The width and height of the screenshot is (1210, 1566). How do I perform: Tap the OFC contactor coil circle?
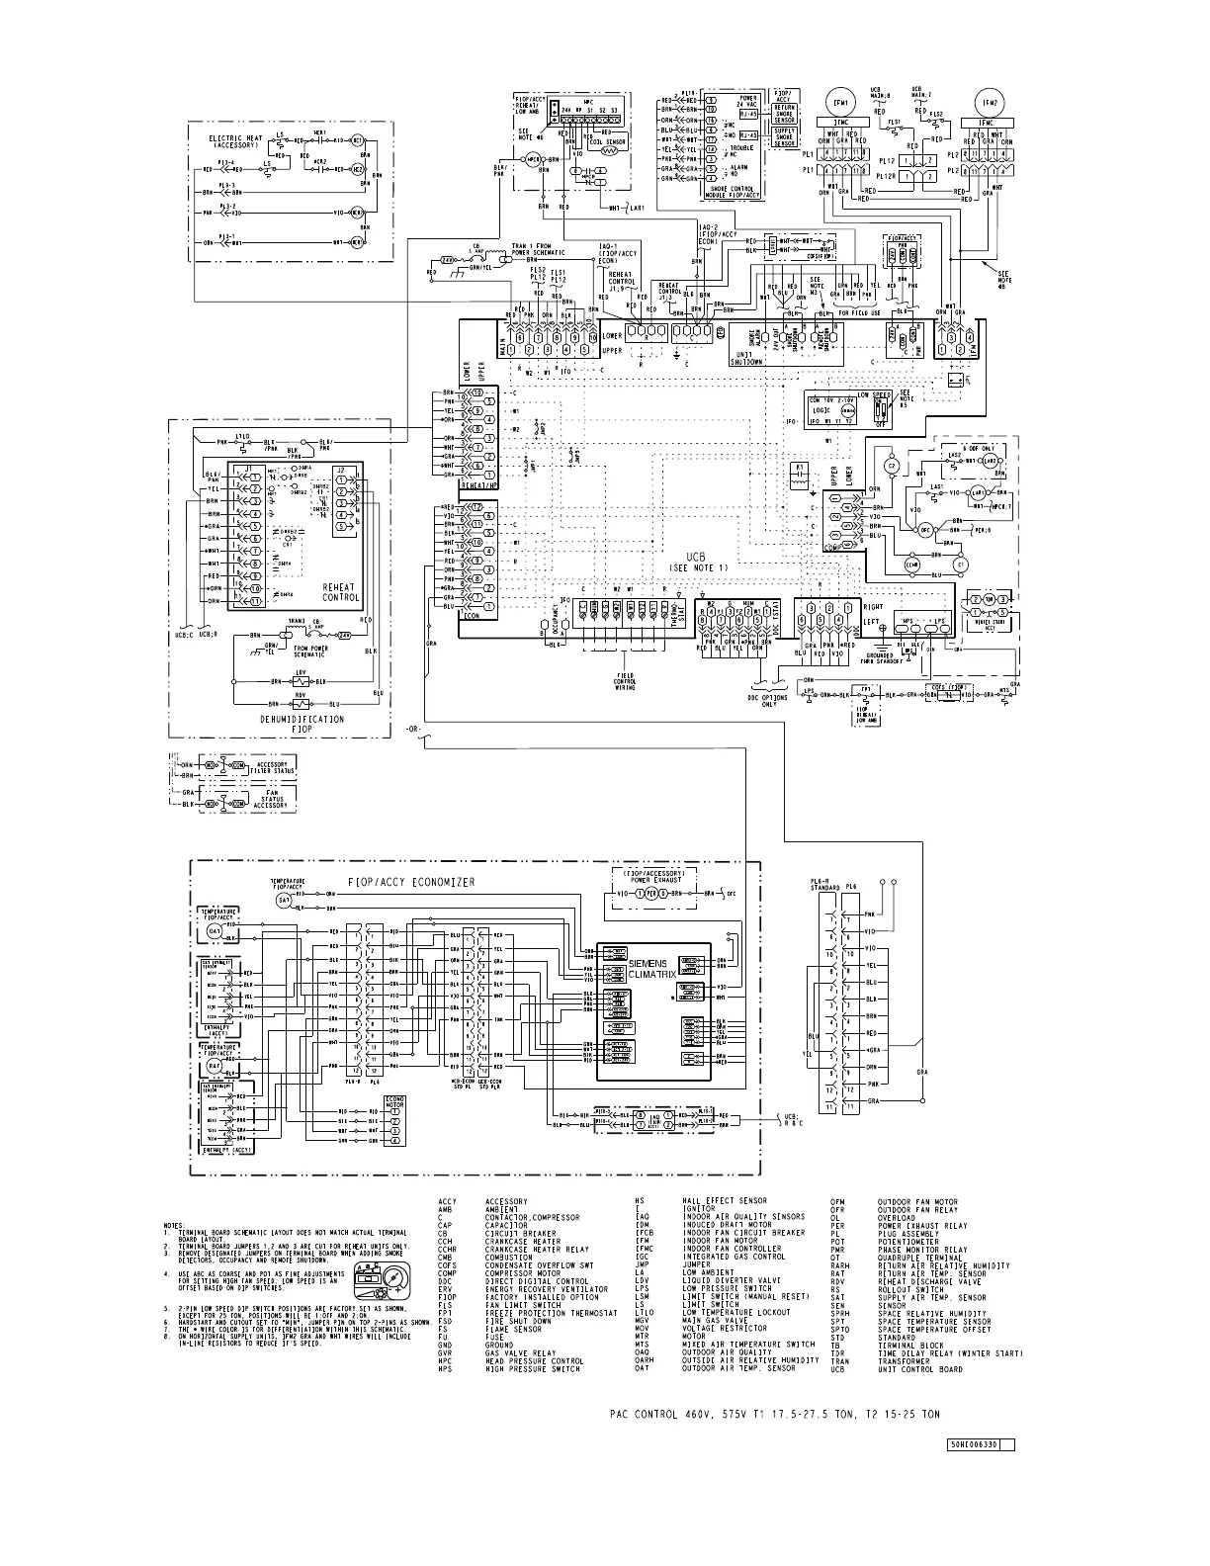(x=926, y=529)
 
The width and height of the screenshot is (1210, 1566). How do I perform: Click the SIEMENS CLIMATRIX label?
(x=648, y=968)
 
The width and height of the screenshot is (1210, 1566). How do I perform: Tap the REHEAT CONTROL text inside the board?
(x=341, y=592)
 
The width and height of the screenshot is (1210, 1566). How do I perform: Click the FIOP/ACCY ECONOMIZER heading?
(x=411, y=882)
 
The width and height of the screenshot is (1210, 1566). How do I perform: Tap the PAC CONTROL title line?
(x=774, y=1415)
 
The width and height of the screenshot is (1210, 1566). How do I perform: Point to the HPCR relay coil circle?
(x=536, y=159)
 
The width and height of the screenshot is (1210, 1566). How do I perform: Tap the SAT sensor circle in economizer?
(x=284, y=901)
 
